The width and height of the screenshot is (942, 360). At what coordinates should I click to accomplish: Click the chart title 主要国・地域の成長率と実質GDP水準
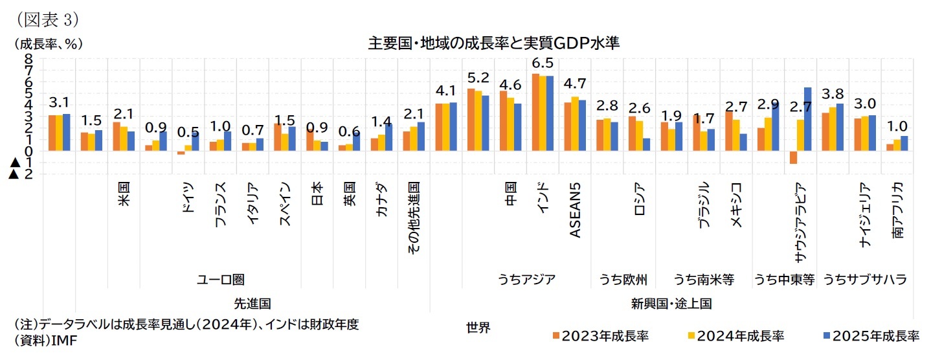[x=493, y=43]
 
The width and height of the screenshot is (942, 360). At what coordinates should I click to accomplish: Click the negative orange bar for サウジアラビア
[x=793, y=157]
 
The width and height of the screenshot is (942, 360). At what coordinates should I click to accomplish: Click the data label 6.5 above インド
[x=542, y=63]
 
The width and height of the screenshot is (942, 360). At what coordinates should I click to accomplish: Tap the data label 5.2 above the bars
[x=478, y=78]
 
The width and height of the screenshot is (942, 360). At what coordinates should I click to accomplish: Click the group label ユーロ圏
[x=220, y=279]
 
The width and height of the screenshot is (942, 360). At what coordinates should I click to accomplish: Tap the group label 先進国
[x=252, y=302]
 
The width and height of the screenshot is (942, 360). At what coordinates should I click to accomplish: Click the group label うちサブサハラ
[x=864, y=279]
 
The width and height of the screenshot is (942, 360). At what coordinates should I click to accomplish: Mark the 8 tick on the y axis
[x=28, y=58]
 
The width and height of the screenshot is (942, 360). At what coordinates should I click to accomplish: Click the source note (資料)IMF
[x=45, y=341]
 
